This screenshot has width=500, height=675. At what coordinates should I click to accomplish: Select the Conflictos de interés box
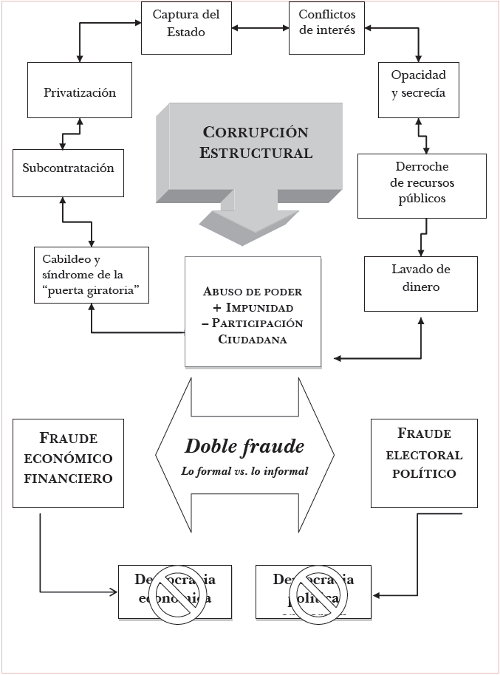326,27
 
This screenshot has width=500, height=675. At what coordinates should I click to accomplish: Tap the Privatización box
80,93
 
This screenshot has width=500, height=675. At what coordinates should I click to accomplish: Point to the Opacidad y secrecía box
418,89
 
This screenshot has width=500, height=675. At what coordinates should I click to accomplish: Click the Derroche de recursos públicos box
422,185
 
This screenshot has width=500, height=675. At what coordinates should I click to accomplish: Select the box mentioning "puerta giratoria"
92,275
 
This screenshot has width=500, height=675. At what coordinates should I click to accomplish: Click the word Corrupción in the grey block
255,133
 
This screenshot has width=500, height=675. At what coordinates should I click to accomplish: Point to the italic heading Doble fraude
244,447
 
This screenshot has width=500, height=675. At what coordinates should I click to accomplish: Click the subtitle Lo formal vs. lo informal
244,470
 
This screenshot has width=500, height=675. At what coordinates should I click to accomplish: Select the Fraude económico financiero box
68,463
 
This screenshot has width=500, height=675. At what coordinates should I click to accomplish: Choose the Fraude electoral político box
424,463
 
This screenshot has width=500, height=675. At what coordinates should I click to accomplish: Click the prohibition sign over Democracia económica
174,592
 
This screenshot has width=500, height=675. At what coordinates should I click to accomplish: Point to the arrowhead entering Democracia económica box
114,592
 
